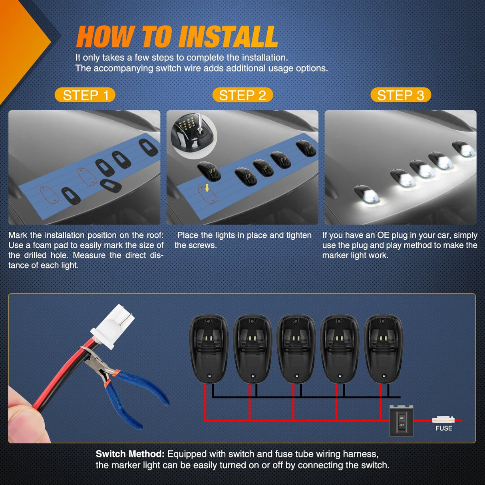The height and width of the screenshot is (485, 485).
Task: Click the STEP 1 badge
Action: pos(85,95)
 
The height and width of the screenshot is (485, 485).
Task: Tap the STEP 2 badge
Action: pos(242,95)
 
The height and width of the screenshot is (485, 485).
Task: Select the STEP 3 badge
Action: pos(401,95)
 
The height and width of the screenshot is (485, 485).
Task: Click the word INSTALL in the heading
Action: pos(228,37)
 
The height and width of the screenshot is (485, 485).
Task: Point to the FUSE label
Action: pos(444,428)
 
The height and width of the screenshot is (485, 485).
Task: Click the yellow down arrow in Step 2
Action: pos(207,188)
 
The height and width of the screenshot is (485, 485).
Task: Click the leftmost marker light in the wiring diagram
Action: pos(209,349)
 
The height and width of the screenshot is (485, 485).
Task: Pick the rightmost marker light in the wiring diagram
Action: pos(384,349)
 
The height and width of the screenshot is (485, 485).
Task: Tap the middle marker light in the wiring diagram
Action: pos(296,349)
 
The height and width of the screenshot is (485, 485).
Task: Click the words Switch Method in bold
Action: pos(130,454)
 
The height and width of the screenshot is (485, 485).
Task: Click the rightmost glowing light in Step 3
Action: pos(463,149)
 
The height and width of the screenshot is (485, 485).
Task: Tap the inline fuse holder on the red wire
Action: pos(443,420)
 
